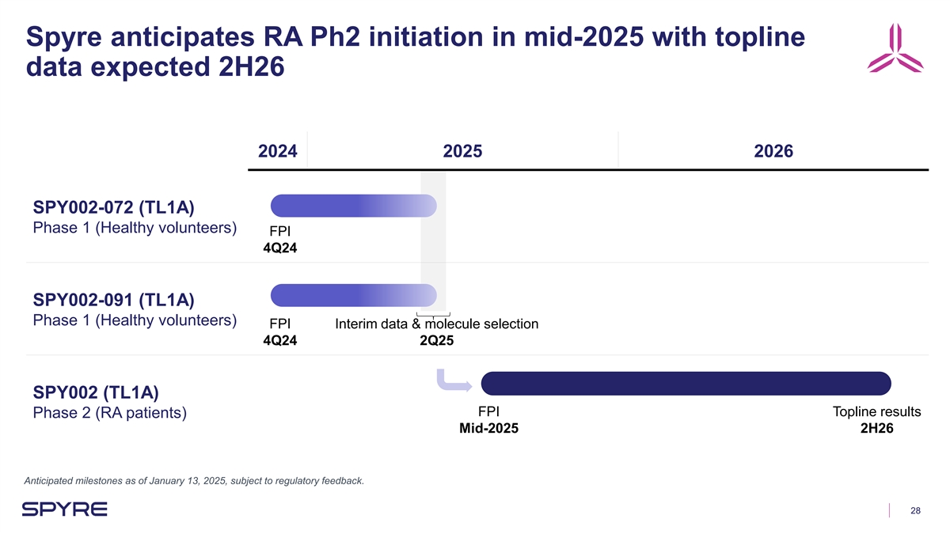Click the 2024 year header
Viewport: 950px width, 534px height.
pos(278,151)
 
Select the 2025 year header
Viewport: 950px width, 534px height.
pos(462,151)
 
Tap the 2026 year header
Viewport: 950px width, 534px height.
pos(773,151)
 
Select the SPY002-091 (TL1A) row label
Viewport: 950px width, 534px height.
pos(114,300)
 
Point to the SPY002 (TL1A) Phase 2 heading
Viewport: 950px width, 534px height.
pos(96,392)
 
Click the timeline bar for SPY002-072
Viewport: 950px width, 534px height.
pos(353,206)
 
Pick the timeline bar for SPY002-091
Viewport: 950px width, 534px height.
pos(353,296)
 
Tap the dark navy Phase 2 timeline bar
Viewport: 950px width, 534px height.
pos(686,383)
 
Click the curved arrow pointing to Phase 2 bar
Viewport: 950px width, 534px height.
pos(452,381)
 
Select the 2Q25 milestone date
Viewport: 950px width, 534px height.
pos(436,341)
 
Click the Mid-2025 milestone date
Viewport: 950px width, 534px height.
pos(489,429)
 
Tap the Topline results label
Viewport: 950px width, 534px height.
pos(876,411)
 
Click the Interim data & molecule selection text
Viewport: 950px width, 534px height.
pos(436,324)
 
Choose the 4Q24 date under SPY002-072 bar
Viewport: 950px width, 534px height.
pos(280,248)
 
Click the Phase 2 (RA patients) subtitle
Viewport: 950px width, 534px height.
pos(110,413)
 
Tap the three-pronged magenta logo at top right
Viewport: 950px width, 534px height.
pos(895,49)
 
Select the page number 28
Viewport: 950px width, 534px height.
pos(915,511)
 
